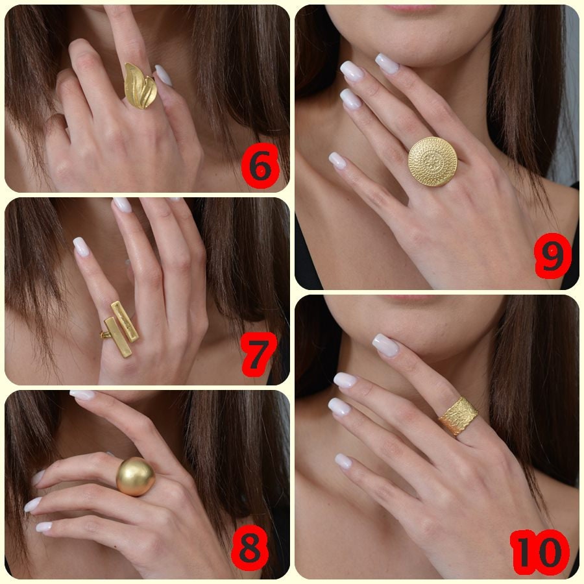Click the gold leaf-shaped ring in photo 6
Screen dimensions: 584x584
(140, 85)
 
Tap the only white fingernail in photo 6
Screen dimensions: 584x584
(164, 75)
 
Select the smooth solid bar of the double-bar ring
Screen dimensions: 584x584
(117, 337)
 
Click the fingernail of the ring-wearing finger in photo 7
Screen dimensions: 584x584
(81, 246)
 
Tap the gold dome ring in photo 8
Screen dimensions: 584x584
(136, 476)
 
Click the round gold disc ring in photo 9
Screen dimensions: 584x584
(432, 162)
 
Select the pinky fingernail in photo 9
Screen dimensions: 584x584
(337, 160)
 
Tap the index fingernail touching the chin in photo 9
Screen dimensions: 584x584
(387, 63)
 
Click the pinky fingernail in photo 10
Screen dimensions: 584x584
(343, 461)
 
